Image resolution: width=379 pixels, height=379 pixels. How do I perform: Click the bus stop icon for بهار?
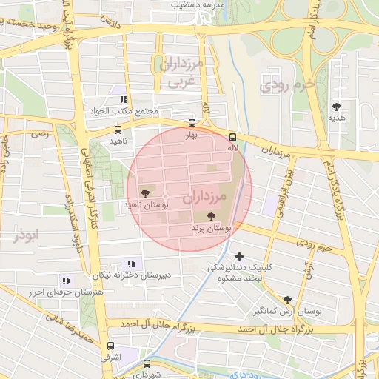192,124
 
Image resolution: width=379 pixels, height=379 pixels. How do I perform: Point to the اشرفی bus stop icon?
110,346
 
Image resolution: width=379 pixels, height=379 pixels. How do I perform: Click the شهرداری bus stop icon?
147,363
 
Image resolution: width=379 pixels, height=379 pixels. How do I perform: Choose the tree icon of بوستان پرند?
212,217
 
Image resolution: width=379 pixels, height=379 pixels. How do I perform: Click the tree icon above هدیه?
338,106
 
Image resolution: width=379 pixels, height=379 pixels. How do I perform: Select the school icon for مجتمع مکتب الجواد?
124,99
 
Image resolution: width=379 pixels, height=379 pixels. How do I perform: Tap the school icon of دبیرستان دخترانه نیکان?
132,264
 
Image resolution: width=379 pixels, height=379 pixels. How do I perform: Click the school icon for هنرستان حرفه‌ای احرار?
66,281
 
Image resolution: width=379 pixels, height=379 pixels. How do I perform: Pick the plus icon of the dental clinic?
239,256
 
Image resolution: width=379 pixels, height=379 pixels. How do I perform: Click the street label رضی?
38,135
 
